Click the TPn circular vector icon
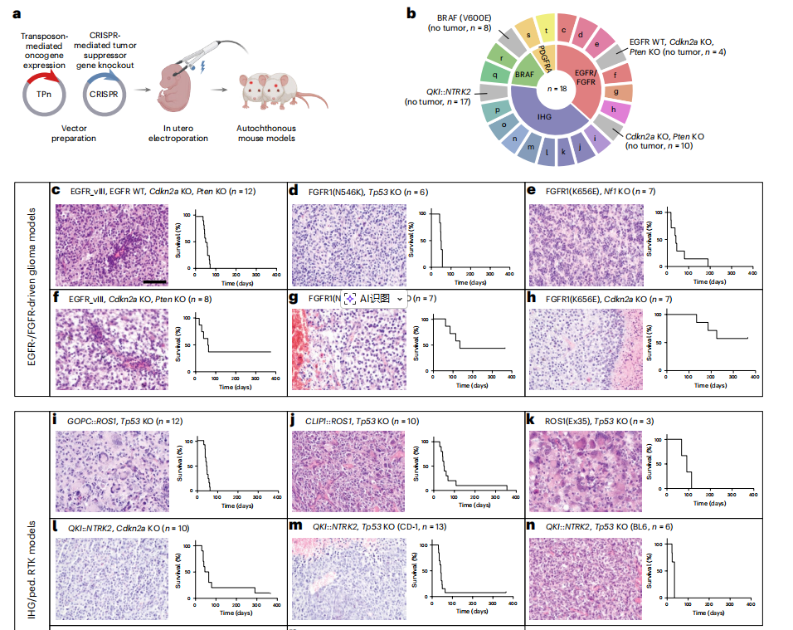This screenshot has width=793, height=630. [43, 93]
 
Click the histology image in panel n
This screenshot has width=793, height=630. [585, 574]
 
